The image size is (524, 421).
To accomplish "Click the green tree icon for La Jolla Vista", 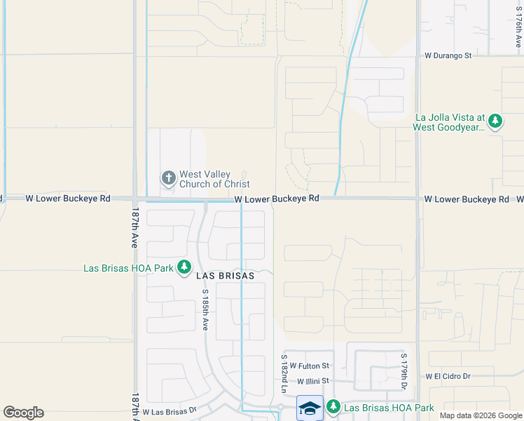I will (496, 121).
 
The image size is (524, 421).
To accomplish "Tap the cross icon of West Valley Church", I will (168, 178).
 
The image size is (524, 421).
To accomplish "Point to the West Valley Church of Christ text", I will (214, 179).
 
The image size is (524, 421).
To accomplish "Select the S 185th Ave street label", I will (206, 309).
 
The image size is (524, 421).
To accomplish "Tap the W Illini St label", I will (312, 382).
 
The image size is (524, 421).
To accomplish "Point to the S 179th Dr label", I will (404, 372).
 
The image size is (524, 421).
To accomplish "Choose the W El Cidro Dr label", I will (448, 376).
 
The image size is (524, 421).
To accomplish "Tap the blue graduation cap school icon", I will (310, 408).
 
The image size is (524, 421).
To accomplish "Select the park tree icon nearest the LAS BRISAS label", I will (184, 267).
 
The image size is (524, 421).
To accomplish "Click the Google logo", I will (23, 413).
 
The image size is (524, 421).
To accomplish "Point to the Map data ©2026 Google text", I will (481, 415).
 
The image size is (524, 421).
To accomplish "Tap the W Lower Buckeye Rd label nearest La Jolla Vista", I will (467, 199).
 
